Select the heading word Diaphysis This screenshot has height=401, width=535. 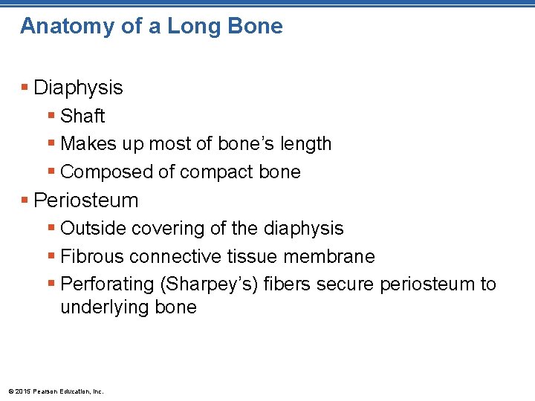coord(78,88)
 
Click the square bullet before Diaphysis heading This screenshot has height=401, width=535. coord(25,88)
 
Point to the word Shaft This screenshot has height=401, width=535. coord(82,116)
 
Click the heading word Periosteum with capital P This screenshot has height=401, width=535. coord(86,200)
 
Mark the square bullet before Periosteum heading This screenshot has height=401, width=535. coord(25,200)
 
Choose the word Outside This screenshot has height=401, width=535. coord(93,228)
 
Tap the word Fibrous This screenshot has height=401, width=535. coord(92,256)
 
